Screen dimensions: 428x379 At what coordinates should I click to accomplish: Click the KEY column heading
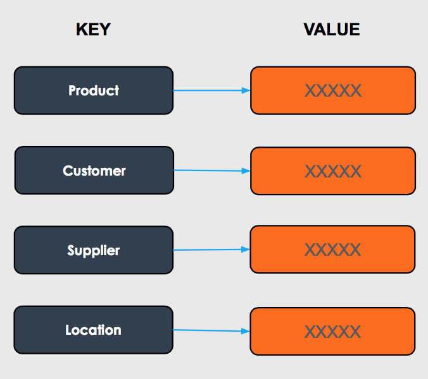[93, 30]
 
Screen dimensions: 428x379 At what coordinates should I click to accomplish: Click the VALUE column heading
[332, 30]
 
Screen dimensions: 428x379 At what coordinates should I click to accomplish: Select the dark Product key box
[94, 90]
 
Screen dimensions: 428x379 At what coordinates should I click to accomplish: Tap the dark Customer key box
[94, 171]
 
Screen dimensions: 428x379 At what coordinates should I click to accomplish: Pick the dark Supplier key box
[94, 250]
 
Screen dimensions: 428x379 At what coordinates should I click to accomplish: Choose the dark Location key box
[93, 330]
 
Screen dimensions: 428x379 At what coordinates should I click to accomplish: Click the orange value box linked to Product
[333, 90]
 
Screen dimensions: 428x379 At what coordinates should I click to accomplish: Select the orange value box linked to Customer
[333, 171]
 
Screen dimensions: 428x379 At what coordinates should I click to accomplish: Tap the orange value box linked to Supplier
[332, 250]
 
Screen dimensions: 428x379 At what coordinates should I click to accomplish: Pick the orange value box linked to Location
[332, 332]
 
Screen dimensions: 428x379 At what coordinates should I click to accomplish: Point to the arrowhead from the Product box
[246, 90]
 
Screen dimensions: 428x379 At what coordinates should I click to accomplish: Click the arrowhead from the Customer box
[246, 171]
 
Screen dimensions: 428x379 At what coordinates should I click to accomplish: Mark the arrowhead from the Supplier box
[246, 250]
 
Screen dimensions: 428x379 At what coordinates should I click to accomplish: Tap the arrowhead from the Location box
[246, 331]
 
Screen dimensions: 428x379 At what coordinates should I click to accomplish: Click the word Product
[94, 90]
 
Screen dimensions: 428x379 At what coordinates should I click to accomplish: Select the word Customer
[94, 171]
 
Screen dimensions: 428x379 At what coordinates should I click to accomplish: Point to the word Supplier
[93, 251]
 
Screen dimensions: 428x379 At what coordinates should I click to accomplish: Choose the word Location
[93, 330]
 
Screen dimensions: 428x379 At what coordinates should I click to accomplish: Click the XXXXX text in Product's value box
[333, 91]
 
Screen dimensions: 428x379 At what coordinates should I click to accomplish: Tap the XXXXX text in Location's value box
[332, 332]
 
